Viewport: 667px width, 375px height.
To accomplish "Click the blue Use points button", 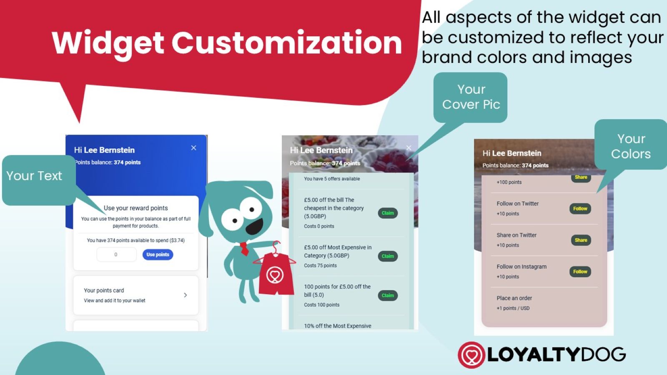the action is tap(158, 255).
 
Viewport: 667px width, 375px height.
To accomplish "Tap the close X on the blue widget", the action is tap(193, 148).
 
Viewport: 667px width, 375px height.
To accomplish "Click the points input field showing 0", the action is tap(116, 255).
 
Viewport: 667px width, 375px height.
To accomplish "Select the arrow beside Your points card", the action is tap(185, 295).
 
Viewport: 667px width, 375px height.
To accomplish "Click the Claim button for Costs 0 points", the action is tap(388, 213).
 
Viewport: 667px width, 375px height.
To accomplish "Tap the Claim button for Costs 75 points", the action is tap(388, 256).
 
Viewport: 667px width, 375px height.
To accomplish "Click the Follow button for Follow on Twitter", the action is tap(580, 209).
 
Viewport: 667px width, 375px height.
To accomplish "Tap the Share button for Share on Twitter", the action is tap(581, 240).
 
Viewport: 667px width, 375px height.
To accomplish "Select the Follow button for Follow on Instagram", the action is tap(580, 272).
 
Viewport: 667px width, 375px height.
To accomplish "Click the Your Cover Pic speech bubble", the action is tap(471, 97).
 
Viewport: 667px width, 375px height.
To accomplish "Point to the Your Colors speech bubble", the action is tap(631, 145).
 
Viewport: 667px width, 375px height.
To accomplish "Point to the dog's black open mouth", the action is tap(254, 227).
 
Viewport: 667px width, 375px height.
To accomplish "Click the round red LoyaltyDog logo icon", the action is tap(471, 355).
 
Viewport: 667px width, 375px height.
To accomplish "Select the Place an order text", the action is tap(514, 298).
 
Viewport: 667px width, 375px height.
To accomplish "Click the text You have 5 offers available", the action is tap(332, 179).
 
